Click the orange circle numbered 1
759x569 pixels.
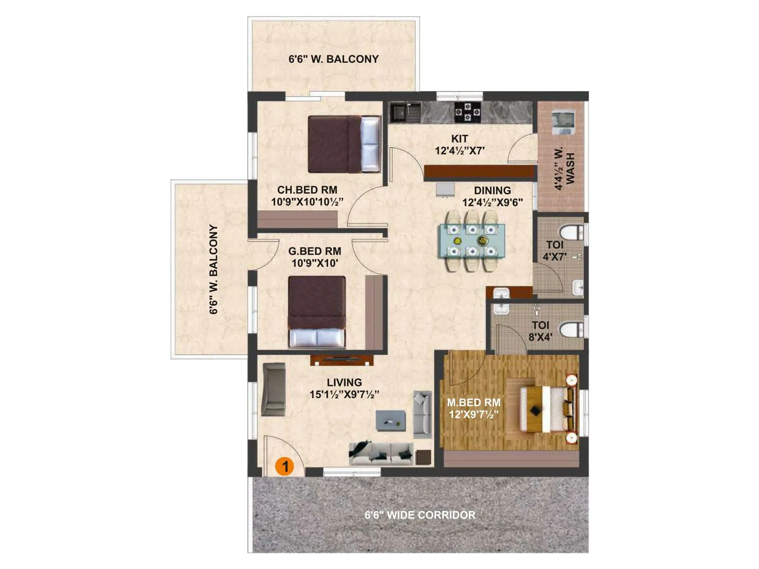pos(285,467)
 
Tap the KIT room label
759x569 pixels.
pos(459,139)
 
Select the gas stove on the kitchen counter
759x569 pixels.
pos(467,112)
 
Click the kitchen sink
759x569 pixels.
pos(398,113)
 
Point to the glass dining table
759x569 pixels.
pos(472,240)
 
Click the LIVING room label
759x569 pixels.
pos(344,382)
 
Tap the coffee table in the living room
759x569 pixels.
pos(390,421)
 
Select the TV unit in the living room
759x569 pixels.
pos(342,360)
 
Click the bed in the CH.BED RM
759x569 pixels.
pos(344,144)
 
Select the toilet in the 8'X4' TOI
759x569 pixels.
pos(572,330)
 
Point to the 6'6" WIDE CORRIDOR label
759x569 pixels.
pos(420,515)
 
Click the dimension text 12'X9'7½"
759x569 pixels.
pos(473,414)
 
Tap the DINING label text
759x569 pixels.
pos(492,191)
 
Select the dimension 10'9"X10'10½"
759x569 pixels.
pos(307,202)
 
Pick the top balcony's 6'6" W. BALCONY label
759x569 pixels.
pos(333,59)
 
